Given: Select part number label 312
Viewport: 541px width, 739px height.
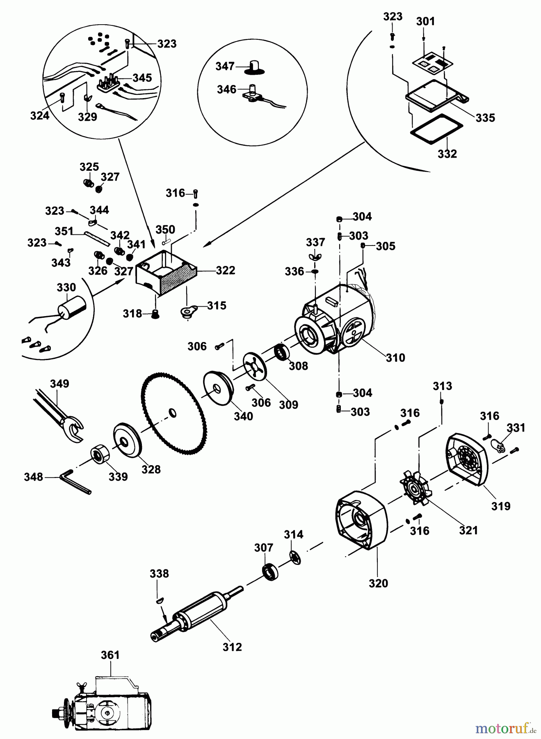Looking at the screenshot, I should coord(232,647).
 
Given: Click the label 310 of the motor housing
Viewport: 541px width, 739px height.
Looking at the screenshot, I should coord(395,358).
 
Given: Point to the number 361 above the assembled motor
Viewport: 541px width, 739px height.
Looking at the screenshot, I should coord(110,655).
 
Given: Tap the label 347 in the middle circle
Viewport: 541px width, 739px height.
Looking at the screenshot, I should coord(225,66).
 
